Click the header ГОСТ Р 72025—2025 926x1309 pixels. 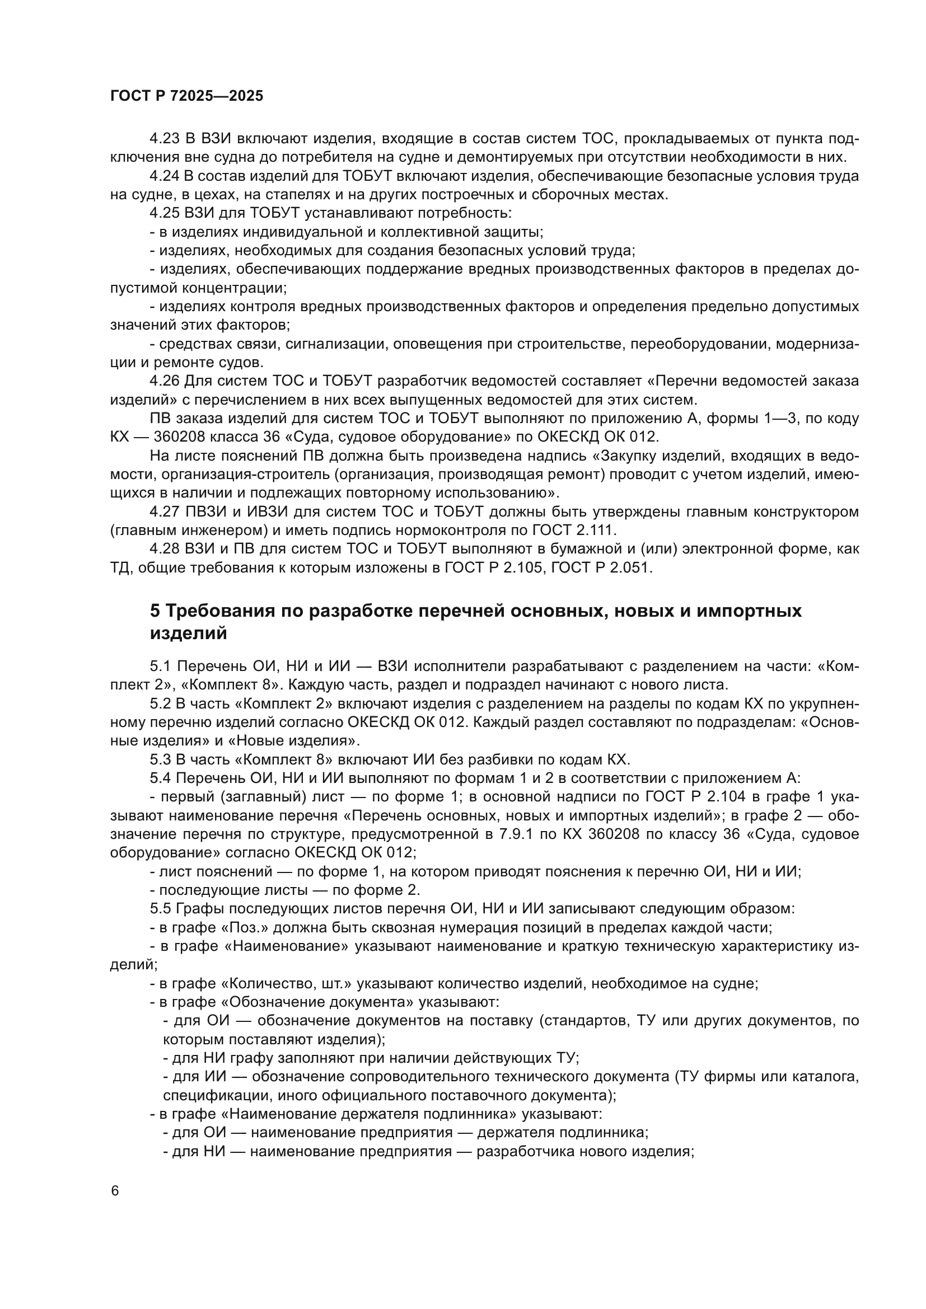click(186, 96)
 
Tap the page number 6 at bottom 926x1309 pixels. click(115, 1191)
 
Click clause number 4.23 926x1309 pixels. click(164, 139)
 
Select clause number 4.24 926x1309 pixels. click(164, 176)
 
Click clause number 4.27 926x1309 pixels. click(164, 512)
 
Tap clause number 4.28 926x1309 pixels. click(164, 549)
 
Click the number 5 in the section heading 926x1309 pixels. click(155, 611)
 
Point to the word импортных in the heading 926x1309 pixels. click(749, 611)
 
